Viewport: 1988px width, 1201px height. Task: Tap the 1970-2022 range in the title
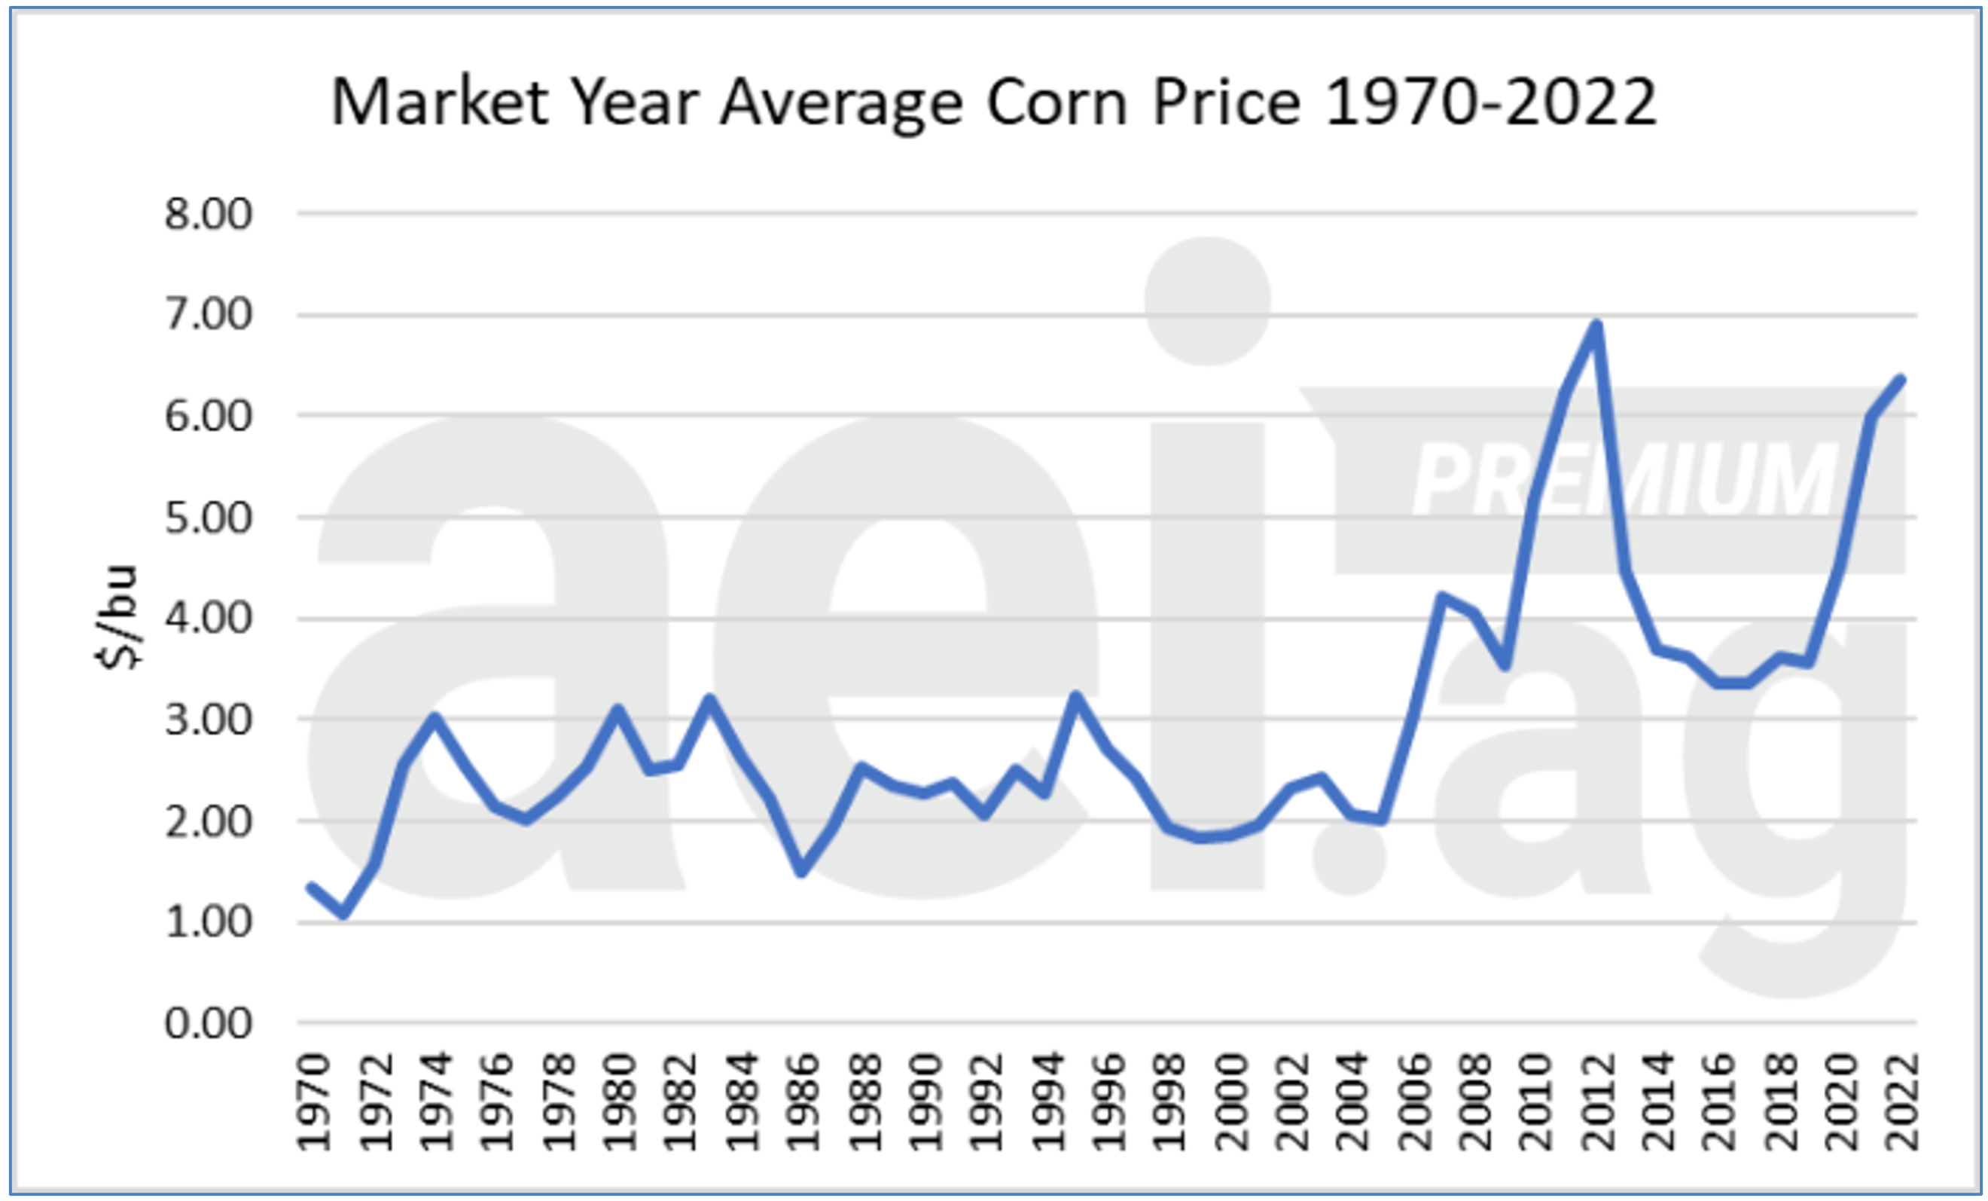pyautogui.click(x=1490, y=103)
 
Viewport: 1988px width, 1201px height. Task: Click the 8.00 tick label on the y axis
pyautogui.click(x=208, y=215)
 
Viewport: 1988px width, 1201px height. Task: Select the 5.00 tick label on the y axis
pyautogui.click(x=208, y=518)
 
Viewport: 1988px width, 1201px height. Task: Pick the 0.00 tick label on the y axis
pyautogui.click(x=208, y=1023)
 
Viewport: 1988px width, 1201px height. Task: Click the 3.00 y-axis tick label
pyautogui.click(x=208, y=720)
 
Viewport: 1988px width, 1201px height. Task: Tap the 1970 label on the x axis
pyautogui.click(x=314, y=1101)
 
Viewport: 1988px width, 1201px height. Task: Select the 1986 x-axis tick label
pyautogui.click(x=803, y=1101)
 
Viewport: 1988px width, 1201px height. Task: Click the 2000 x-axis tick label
pyautogui.click(x=1231, y=1101)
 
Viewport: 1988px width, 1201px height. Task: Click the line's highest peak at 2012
pyautogui.click(x=1596, y=325)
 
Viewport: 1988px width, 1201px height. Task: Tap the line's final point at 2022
pyautogui.click(x=1901, y=379)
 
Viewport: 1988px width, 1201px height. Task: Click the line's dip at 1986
pyautogui.click(x=801, y=872)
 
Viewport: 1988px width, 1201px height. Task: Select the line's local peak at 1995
pyautogui.click(x=1075, y=695)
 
